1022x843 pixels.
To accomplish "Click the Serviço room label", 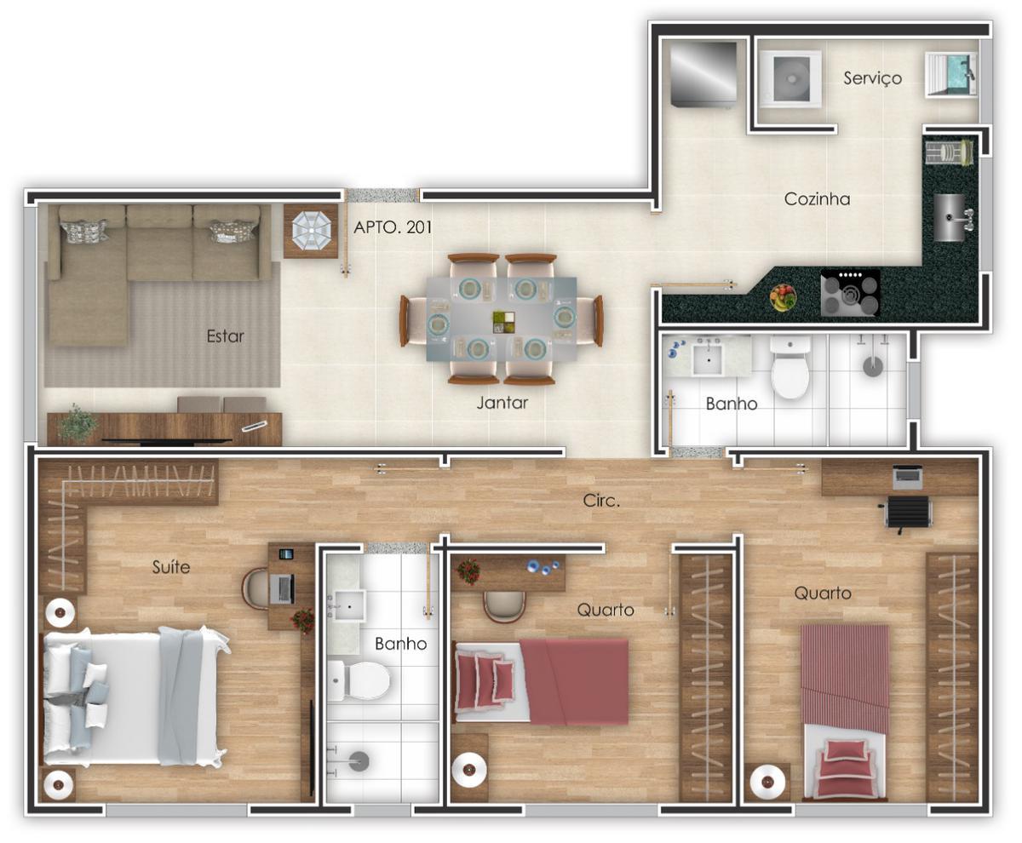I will [872, 78].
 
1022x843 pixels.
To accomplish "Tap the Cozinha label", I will [817, 199].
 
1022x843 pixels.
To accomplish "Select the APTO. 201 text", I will [393, 227].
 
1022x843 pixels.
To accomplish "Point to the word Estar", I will [225, 336].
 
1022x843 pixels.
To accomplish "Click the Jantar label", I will [502, 404].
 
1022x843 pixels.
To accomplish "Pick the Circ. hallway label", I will [601, 502].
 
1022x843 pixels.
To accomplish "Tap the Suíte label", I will [171, 566].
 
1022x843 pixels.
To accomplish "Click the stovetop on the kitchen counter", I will [850, 294].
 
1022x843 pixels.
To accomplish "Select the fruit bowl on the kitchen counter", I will [783, 298].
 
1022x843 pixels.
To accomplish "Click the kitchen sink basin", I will [951, 217].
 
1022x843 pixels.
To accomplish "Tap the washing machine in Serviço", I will [792, 80].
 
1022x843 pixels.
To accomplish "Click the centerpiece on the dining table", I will [503, 322].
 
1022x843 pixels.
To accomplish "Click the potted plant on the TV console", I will [78, 423].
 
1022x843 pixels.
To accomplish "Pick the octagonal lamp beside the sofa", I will [311, 229].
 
